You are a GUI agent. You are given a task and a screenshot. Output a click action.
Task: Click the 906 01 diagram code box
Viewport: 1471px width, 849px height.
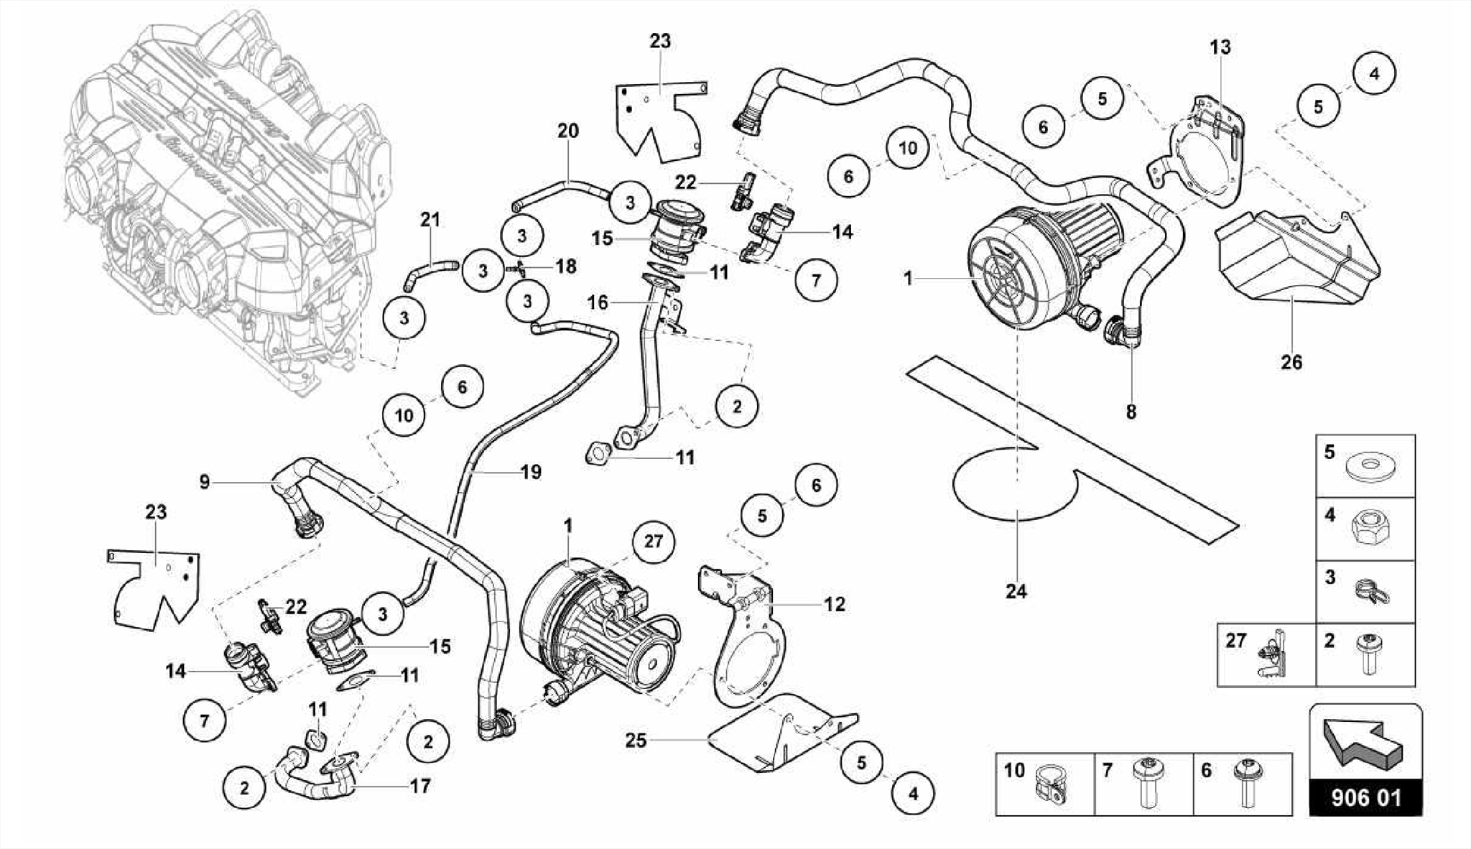(1365, 798)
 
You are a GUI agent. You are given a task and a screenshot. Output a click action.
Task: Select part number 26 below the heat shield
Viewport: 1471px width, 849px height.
(1291, 361)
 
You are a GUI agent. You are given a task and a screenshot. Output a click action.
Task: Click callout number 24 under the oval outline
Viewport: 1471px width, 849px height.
(1016, 591)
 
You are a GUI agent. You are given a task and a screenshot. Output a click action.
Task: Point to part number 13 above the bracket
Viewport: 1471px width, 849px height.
(1220, 47)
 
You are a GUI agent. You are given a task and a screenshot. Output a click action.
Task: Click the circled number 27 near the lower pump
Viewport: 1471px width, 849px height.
(653, 541)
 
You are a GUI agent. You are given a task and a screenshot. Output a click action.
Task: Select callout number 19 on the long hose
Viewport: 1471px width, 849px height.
(530, 472)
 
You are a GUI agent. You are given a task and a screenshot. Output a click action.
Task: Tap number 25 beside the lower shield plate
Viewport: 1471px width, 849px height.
(636, 740)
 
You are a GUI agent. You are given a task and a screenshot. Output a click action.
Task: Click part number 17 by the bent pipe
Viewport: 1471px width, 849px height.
(420, 786)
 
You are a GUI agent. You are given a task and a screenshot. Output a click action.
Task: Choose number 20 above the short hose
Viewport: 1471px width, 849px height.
(567, 131)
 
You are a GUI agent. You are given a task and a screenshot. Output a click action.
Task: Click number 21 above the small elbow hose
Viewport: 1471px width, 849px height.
(430, 219)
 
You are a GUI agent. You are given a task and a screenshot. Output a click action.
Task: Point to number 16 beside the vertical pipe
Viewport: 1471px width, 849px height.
(598, 302)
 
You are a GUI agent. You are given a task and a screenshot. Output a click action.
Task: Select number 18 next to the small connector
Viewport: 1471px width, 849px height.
(566, 266)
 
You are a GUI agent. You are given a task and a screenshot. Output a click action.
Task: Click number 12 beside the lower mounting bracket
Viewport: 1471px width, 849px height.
(834, 604)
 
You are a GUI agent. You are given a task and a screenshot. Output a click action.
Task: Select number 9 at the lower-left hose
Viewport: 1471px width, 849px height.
(205, 481)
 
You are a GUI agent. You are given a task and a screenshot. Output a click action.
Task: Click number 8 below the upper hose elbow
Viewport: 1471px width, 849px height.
(1131, 412)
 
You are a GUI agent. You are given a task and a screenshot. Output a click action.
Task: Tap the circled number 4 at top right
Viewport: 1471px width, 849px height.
(1373, 73)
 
